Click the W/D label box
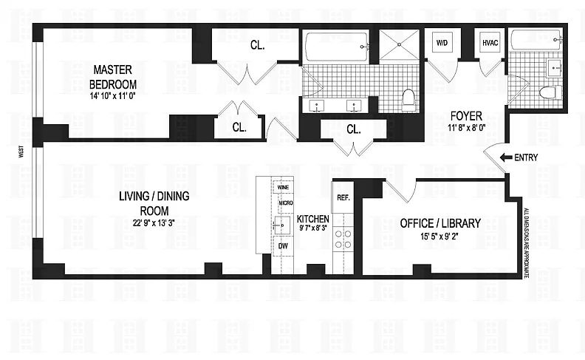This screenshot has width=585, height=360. click(442, 43)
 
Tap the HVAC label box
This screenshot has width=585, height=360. click(490, 43)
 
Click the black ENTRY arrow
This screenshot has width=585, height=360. click(506, 157)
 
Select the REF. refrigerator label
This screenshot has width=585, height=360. click(343, 197)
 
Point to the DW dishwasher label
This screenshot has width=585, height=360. click(283, 246)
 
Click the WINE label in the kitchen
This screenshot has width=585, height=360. click(283, 187)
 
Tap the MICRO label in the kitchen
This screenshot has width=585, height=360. click(286, 203)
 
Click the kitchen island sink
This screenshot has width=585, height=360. click(282, 225)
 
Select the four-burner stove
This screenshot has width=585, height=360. click(343, 240)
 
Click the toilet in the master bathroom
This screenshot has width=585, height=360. click(409, 100)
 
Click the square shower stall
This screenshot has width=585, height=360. click(399, 44)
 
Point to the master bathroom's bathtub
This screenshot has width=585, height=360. click(337, 47)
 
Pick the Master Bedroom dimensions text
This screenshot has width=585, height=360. click(113, 95)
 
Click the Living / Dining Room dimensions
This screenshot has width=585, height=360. click(154, 223)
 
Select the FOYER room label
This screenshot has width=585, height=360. click(466, 116)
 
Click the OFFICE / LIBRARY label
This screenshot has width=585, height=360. click(440, 223)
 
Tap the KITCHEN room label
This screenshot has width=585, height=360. click(313, 219)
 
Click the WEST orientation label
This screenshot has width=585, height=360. click(21, 152)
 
